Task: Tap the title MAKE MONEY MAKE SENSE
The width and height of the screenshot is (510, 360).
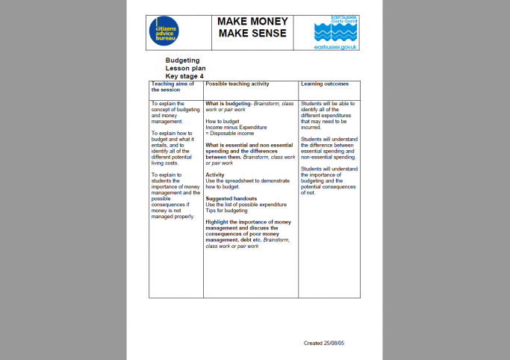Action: (252, 30)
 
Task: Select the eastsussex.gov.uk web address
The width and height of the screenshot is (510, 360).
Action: (336, 47)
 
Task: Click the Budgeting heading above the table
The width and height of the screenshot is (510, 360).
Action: (182, 60)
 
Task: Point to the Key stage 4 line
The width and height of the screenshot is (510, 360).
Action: (184, 75)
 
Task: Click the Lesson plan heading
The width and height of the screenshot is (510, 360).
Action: (185, 68)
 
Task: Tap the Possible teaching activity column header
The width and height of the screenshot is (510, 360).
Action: (237, 84)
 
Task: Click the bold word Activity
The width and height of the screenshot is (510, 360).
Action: (216, 175)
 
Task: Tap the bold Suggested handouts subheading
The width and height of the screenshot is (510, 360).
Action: (231, 198)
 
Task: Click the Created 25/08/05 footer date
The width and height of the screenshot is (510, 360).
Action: (328, 343)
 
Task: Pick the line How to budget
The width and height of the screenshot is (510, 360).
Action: (223, 121)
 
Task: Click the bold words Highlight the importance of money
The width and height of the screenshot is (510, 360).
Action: (248, 222)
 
